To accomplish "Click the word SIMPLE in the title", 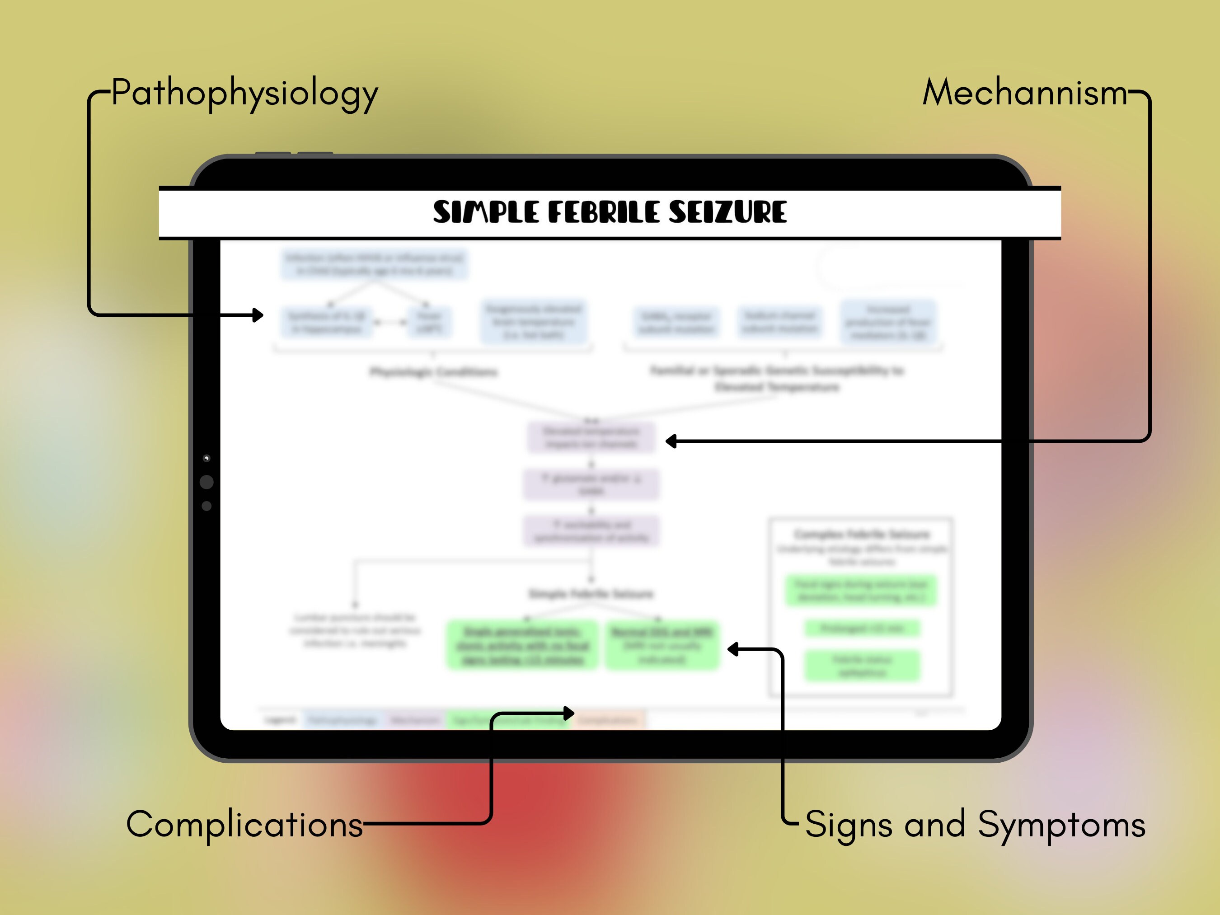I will pyautogui.click(x=485, y=212).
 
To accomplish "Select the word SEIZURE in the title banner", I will pyautogui.click(x=727, y=212).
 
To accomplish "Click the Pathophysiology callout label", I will pyautogui.click(x=244, y=93).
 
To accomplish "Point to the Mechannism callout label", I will pyautogui.click(x=1025, y=93).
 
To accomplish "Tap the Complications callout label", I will pyautogui.click(x=244, y=825).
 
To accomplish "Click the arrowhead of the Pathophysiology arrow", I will pyautogui.click(x=258, y=315).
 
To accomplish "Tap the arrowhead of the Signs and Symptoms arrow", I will pyautogui.click(x=733, y=649).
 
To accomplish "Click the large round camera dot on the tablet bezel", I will pyautogui.click(x=207, y=482).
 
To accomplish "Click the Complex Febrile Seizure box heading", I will pyautogui.click(x=862, y=534).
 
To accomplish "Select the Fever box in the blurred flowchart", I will pyautogui.click(x=429, y=322).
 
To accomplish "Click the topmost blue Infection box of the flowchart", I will pyautogui.click(x=375, y=264).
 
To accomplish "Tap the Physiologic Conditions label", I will pyautogui.click(x=433, y=372).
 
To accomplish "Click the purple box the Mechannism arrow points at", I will pyautogui.click(x=591, y=437).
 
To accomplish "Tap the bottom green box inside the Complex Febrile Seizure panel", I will pyautogui.click(x=862, y=665).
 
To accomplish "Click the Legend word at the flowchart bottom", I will pyautogui.click(x=280, y=720).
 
